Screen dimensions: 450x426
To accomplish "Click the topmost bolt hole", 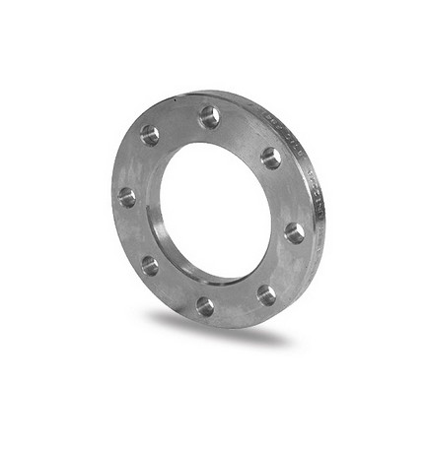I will pyautogui.click(x=209, y=117).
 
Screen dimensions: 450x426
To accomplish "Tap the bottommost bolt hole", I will pyautogui.click(x=205, y=306).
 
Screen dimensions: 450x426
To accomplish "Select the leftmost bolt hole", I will pyautogui.click(x=127, y=197).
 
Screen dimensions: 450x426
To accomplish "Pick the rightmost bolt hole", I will pyautogui.click(x=294, y=232).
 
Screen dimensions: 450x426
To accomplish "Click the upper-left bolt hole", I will pyautogui.click(x=150, y=135).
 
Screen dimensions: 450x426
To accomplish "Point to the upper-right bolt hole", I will pyautogui.click(x=271, y=158).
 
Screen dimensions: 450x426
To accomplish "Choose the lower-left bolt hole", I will pyautogui.click(x=149, y=265).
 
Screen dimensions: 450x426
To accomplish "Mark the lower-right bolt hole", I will pyautogui.click(x=266, y=294).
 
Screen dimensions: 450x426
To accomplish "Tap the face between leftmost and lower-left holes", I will pyautogui.click(x=134, y=232).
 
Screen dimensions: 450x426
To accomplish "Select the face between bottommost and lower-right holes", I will pyautogui.click(x=237, y=305).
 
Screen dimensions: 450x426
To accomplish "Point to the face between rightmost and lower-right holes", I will pyautogui.click(x=286, y=266).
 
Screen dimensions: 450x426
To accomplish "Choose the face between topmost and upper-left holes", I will pyautogui.click(x=177, y=121).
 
